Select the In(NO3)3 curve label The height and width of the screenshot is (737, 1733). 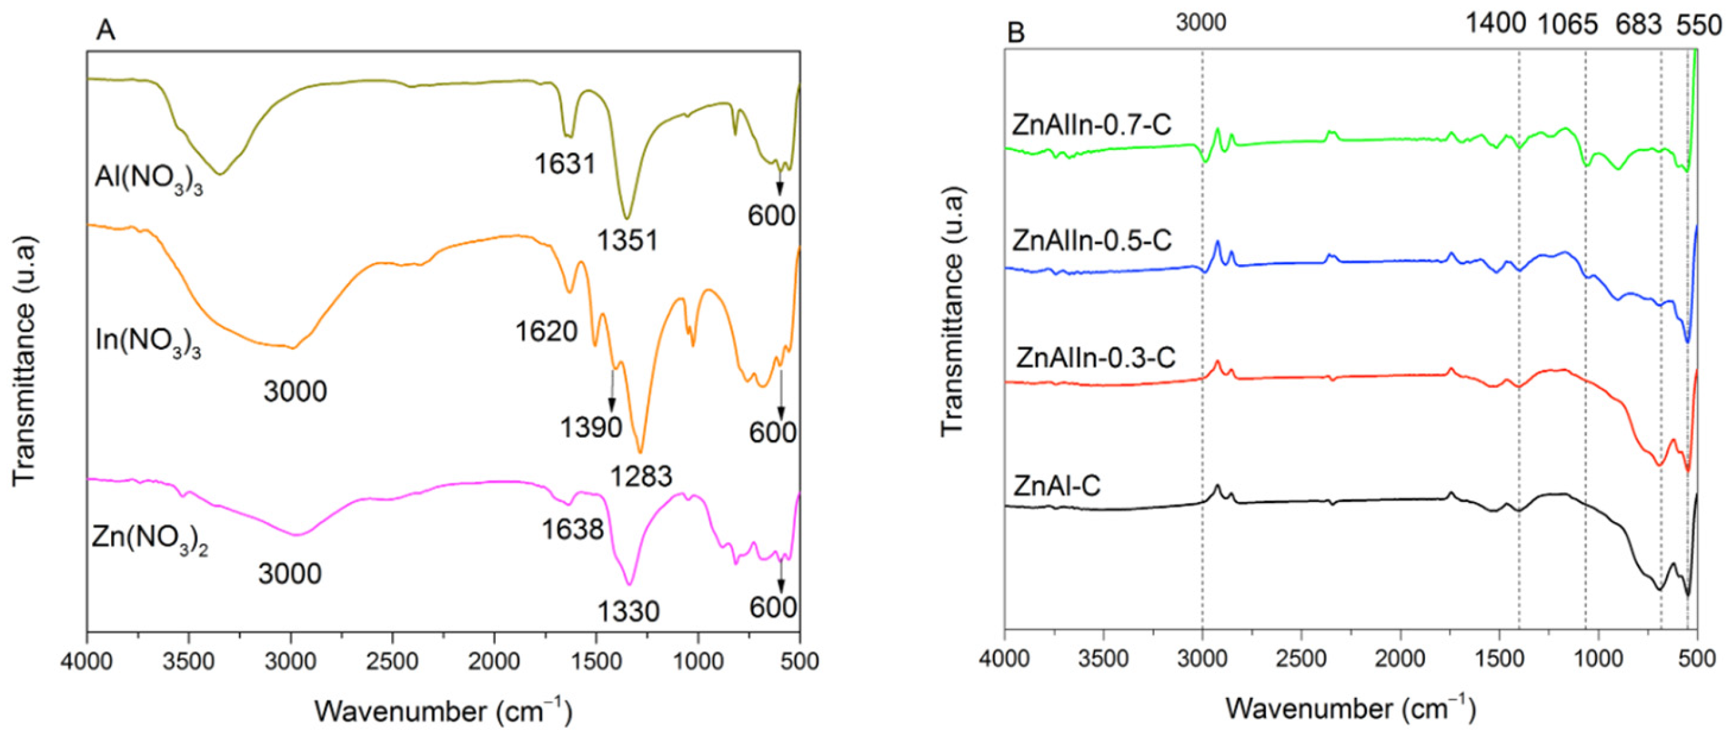[x=148, y=342]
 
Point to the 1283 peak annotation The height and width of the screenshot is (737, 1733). [x=641, y=476]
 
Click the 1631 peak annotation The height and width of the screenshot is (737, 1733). [x=565, y=163]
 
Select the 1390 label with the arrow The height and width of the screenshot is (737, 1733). [x=591, y=427]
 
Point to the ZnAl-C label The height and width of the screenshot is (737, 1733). [x=1057, y=485]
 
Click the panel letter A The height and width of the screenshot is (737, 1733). [x=105, y=30]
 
